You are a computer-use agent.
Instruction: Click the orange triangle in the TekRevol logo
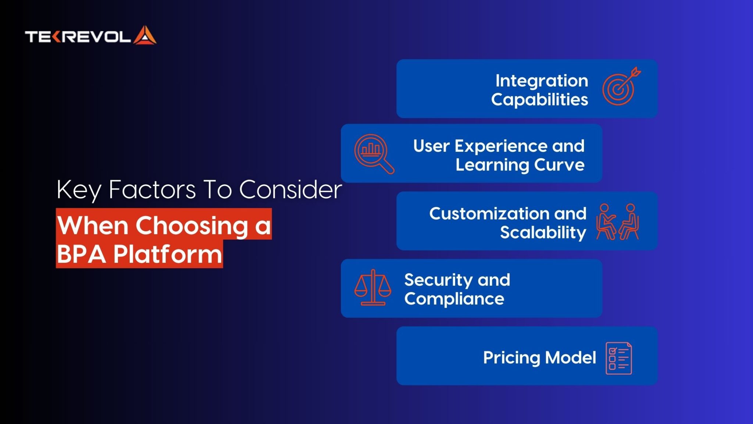[145, 36]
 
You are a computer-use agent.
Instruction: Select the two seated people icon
[617, 222]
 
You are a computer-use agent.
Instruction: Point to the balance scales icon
[373, 287]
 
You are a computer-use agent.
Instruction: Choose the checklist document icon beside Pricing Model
[619, 358]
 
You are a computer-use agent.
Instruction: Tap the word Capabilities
[539, 99]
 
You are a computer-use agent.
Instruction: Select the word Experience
[501, 146]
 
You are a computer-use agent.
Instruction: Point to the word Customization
[489, 213]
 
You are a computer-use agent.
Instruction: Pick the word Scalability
[543, 233]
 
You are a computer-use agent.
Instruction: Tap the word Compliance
[454, 299]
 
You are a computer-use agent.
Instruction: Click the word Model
[570, 357]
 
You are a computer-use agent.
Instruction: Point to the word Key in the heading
[79, 191]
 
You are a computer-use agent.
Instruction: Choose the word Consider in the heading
[290, 190]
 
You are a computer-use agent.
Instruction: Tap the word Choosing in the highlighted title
[192, 226]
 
